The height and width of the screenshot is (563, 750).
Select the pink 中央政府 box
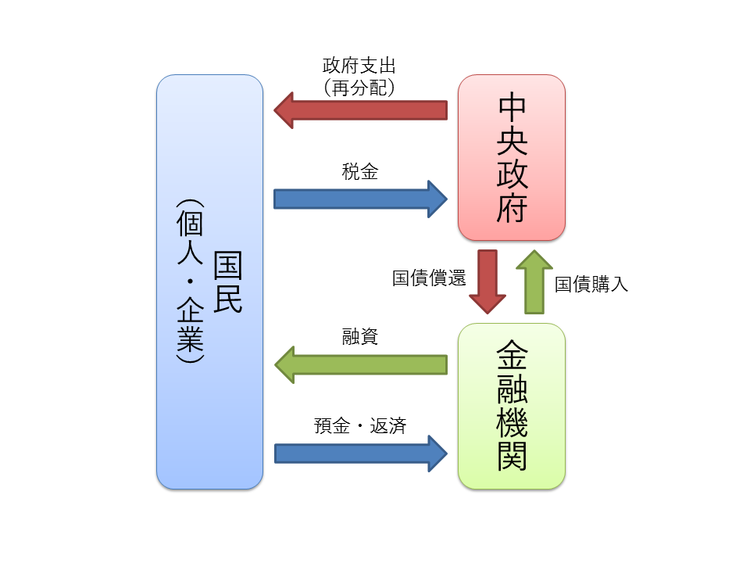pos(512,157)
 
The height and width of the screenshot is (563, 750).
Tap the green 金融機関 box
pos(512,407)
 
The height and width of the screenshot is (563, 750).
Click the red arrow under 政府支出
pos(360,109)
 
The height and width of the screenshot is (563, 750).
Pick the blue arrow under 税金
pos(360,199)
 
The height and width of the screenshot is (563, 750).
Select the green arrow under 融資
pos(360,364)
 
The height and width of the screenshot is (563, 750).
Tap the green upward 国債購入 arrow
pos(534,281)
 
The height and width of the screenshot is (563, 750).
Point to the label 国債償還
pos(429,278)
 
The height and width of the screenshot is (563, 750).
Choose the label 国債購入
pos(591,285)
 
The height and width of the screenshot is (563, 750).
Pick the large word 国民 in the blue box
pos(227,282)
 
